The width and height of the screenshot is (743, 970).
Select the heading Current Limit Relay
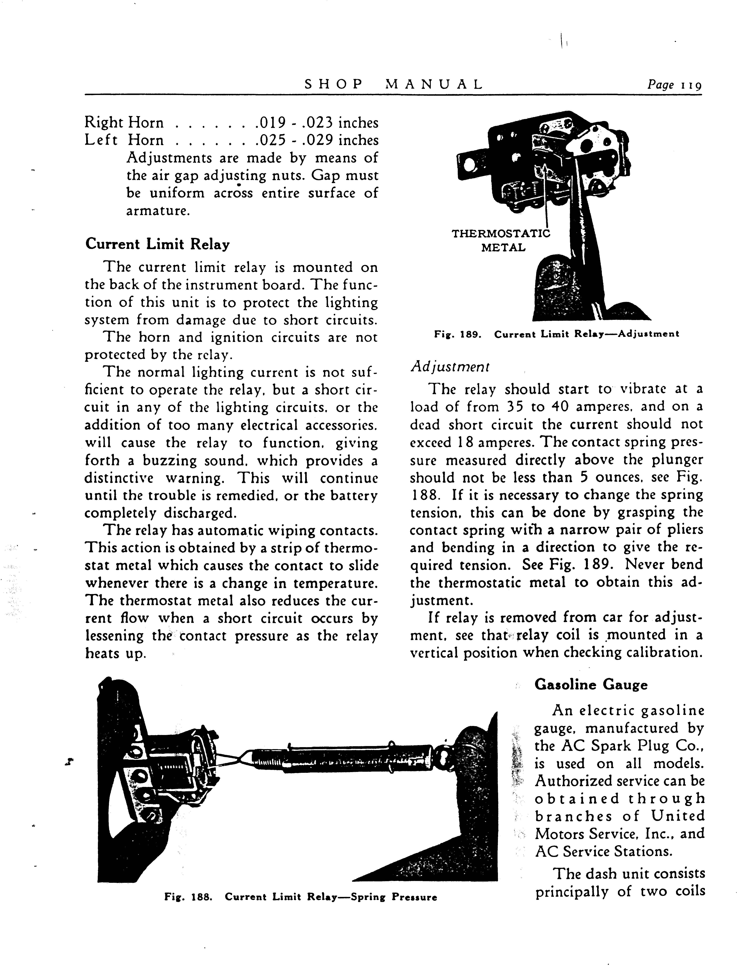pyautogui.click(x=157, y=244)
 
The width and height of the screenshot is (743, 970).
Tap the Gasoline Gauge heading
pyautogui.click(x=591, y=685)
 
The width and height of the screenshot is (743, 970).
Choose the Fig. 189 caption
pyautogui.click(x=556, y=334)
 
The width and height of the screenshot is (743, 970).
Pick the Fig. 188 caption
pyautogui.click(x=300, y=897)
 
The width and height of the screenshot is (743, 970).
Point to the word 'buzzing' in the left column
pyautogui.click(x=169, y=460)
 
